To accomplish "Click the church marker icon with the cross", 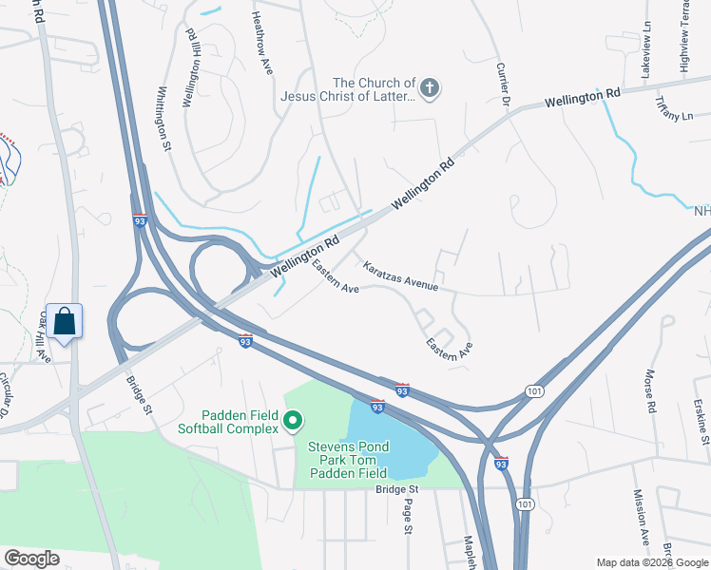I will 430,89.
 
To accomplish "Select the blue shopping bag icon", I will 65,321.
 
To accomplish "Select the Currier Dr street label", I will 504,85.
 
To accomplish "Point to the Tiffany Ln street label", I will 675,109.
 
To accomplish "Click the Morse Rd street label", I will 651,391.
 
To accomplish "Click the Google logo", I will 31,559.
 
